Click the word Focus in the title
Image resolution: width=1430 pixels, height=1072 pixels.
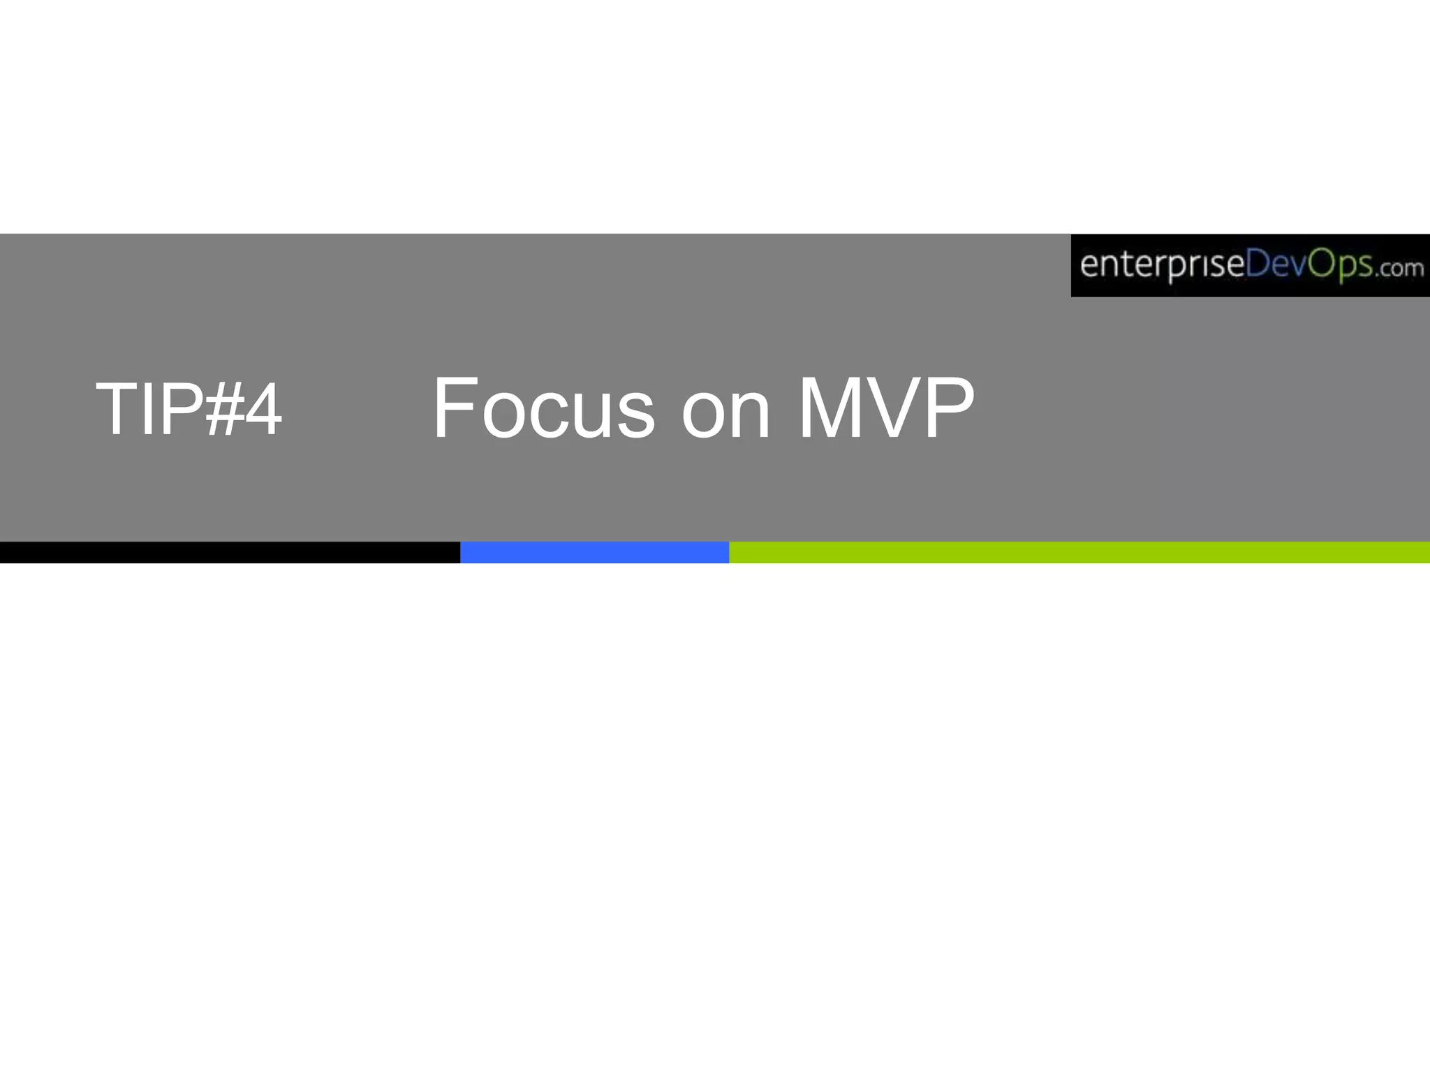543,409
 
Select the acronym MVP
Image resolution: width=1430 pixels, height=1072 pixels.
886,409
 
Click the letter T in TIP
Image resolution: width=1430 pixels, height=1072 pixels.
116,410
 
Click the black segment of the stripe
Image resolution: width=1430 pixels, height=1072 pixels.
230,552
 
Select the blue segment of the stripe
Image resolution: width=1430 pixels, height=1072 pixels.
594,552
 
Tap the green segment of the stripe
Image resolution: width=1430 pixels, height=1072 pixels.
1079,552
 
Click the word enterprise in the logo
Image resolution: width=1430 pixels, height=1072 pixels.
1162,266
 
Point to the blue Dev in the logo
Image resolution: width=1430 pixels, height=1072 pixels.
1276,265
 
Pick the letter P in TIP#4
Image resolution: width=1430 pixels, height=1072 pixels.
179,410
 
